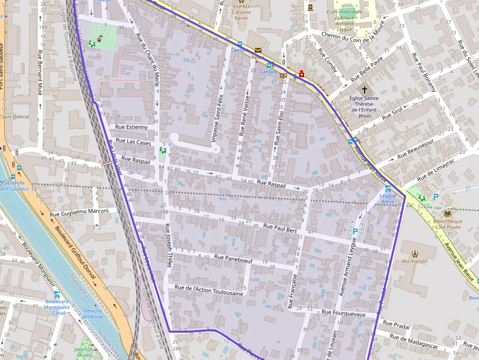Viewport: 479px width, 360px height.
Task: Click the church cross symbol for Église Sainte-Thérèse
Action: [364, 90]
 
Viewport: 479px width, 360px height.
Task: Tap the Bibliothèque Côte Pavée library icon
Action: [448, 213]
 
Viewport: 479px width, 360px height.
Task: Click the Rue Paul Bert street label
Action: [280, 227]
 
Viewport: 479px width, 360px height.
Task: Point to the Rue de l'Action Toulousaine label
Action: [209, 290]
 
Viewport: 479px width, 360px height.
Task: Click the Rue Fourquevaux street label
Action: [343, 314]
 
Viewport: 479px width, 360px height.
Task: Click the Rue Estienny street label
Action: [131, 127]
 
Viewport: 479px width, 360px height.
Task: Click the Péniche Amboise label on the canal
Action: [93, 314]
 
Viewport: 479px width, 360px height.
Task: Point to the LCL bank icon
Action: [283, 75]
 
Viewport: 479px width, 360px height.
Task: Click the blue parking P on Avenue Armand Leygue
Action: [355, 232]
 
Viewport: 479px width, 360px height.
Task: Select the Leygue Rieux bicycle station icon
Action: [388, 188]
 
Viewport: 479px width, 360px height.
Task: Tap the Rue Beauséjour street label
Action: [415, 148]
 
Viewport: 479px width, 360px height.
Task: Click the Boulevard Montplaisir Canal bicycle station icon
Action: [57, 295]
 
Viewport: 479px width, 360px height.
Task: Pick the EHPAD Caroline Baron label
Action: [241, 12]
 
